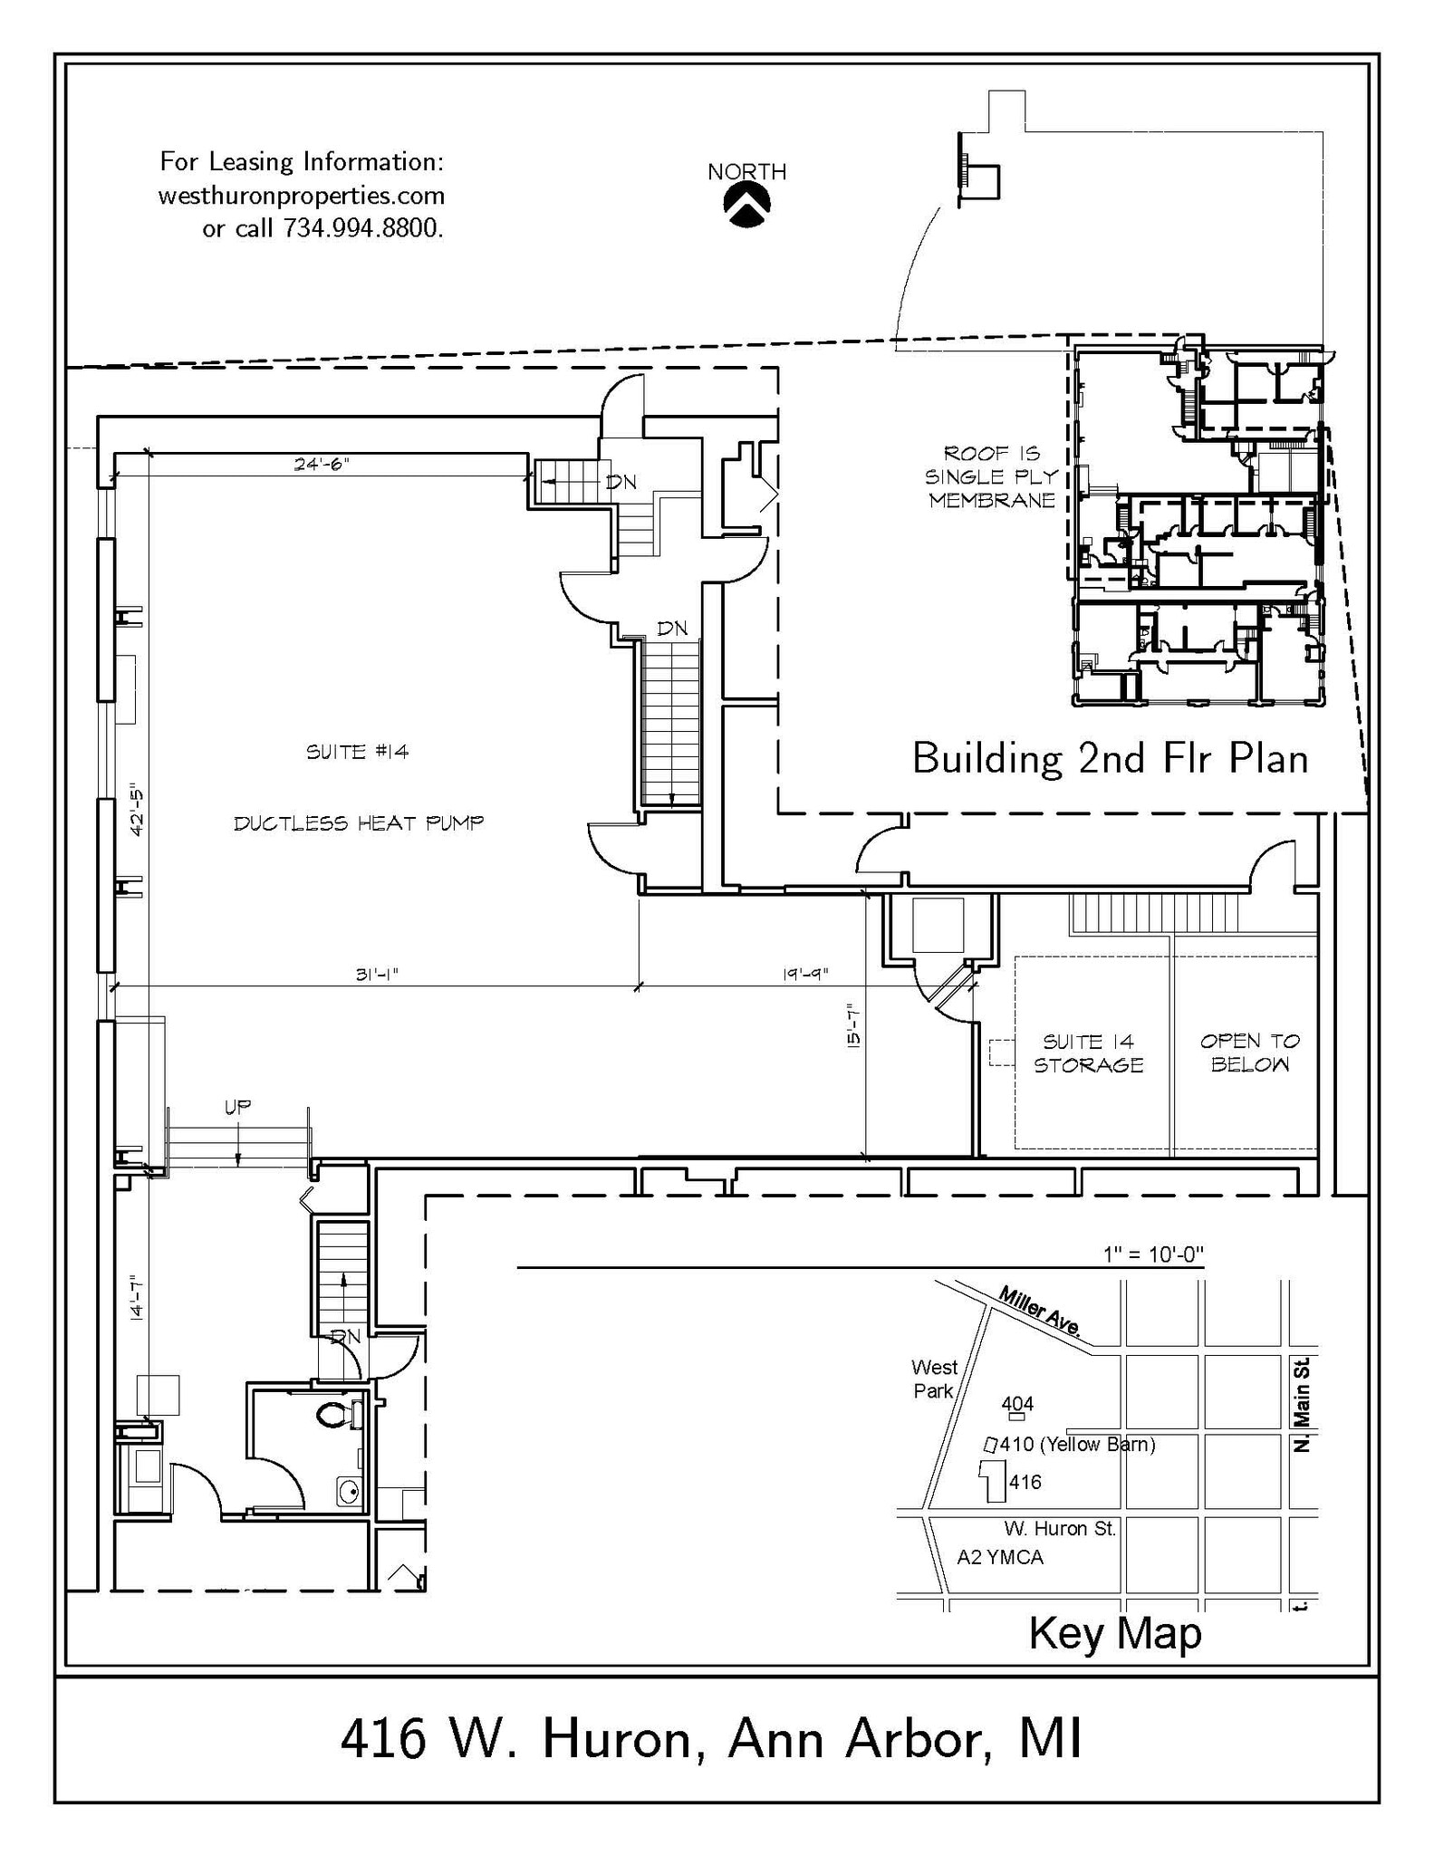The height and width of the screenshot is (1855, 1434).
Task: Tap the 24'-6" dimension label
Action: pyautogui.click(x=322, y=464)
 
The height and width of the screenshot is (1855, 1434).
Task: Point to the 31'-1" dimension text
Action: pyautogui.click(x=377, y=975)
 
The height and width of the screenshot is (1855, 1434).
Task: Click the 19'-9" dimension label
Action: pyautogui.click(x=804, y=975)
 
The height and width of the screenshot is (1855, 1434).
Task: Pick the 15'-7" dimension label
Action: pyautogui.click(x=852, y=1024)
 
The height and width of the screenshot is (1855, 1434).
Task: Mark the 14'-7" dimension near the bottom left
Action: pyautogui.click(x=136, y=1296)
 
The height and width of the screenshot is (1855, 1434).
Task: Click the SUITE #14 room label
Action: pyautogui.click(x=358, y=752)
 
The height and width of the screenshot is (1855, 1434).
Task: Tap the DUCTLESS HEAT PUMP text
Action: pyautogui.click(x=359, y=823)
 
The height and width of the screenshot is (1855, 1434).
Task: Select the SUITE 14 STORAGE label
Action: pyautogui.click(x=1088, y=1053)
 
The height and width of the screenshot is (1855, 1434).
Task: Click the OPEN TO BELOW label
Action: pyautogui.click(x=1249, y=1052)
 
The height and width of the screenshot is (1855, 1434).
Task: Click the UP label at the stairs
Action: pyautogui.click(x=237, y=1106)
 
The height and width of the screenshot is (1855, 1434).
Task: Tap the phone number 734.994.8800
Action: pyautogui.click(x=362, y=228)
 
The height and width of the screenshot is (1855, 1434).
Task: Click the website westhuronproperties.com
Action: pyautogui.click(x=301, y=196)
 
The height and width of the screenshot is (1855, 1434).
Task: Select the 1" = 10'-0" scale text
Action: pyautogui.click(x=1152, y=1254)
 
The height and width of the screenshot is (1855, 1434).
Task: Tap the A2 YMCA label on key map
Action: pyautogui.click(x=1000, y=1557)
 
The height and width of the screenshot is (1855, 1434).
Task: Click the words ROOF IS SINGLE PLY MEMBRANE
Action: pyautogui.click(x=992, y=476)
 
